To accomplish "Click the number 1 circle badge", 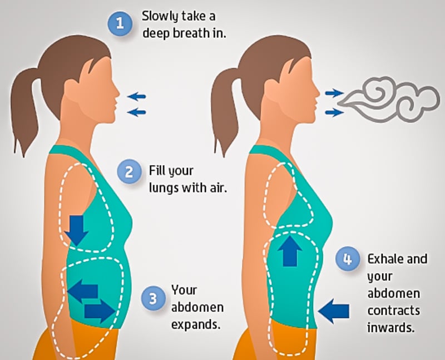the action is (x=120, y=23).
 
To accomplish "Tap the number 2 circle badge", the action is (x=129, y=172).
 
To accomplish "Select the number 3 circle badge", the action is (x=154, y=298).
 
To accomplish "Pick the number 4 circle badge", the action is (x=347, y=259).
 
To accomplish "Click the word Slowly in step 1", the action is (x=160, y=17).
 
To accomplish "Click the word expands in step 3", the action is (x=196, y=324).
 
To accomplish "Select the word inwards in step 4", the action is (x=391, y=328).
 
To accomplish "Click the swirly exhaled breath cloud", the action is (x=392, y=101).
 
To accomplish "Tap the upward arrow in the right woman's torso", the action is (x=290, y=251).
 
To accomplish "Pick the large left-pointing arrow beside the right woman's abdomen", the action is (x=334, y=311).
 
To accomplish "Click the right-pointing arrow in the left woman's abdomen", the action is (x=100, y=312).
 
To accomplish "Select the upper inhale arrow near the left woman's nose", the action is (x=136, y=96).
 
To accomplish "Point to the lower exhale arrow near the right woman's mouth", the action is (x=334, y=112).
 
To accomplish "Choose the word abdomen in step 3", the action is (x=197, y=308).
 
